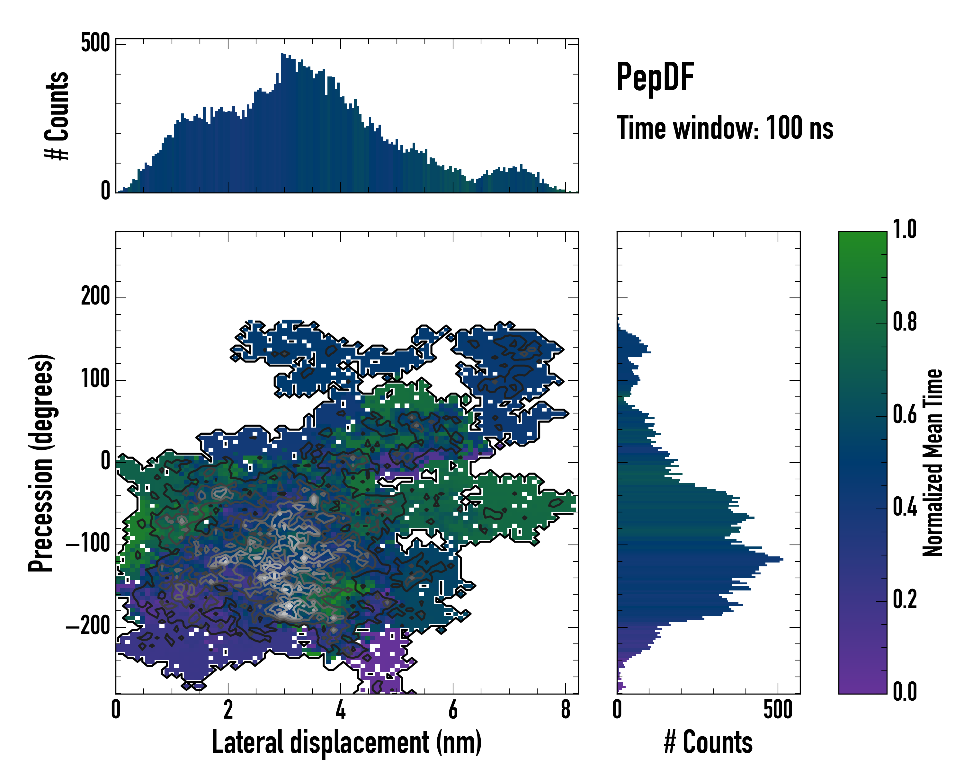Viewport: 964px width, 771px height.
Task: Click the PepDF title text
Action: click(x=655, y=77)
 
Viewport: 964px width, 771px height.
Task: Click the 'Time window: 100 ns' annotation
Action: click(x=725, y=128)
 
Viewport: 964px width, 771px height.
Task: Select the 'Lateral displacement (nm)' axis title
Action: click(x=346, y=742)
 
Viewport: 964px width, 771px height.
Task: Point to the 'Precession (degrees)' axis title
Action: click(x=41, y=463)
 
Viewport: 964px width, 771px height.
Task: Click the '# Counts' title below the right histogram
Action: click(x=708, y=742)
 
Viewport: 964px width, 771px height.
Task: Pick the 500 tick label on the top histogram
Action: click(x=95, y=43)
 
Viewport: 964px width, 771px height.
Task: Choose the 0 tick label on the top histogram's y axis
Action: click(x=105, y=191)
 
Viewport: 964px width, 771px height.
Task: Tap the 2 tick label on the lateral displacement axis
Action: click(x=228, y=709)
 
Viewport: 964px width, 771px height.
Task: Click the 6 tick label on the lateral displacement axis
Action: click(x=453, y=709)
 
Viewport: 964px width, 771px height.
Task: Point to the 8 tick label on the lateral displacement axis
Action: click(x=566, y=709)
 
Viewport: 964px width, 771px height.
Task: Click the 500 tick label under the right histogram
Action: click(x=778, y=709)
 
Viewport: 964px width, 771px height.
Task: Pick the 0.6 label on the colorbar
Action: click(x=905, y=414)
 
